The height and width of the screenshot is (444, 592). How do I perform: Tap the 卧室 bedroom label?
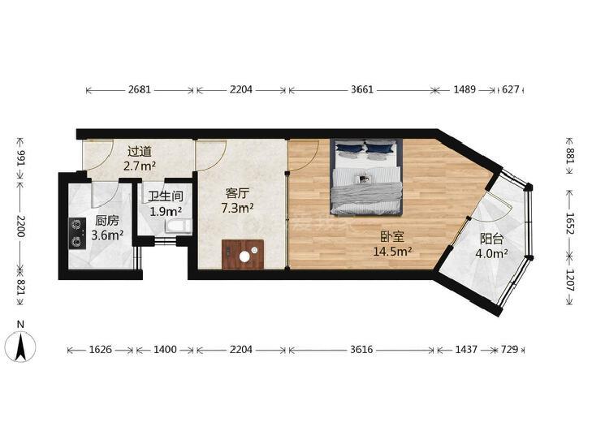pyautogui.click(x=392, y=236)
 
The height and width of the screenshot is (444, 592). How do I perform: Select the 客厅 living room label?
pyautogui.click(x=237, y=193)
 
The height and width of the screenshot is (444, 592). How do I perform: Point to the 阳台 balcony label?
pyautogui.click(x=491, y=239)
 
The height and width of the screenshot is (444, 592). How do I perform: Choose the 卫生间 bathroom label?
pyautogui.click(x=166, y=196)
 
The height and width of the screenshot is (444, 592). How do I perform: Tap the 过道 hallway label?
pyautogui.click(x=140, y=152)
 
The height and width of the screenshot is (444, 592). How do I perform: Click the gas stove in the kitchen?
pyautogui.click(x=77, y=233)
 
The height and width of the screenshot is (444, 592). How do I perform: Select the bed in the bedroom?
pyautogui.click(x=365, y=176)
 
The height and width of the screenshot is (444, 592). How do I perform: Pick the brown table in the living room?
pyautogui.click(x=243, y=255)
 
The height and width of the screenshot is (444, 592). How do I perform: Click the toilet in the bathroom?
pyautogui.click(x=178, y=226)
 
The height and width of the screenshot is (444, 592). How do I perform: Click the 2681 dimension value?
pyautogui.click(x=140, y=90)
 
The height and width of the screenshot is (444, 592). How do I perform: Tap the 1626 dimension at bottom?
pyautogui.click(x=101, y=350)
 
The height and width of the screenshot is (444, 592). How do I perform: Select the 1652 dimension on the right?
pyautogui.click(x=570, y=223)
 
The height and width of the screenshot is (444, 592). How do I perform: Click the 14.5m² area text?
pyautogui.click(x=392, y=251)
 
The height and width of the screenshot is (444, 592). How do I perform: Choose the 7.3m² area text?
pyautogui.click(x=237, y=208)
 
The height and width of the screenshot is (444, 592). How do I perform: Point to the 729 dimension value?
pyautogui.click(x=510, y=350)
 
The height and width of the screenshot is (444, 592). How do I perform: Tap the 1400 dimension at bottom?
pyautogui.click(x=165, y=350)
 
